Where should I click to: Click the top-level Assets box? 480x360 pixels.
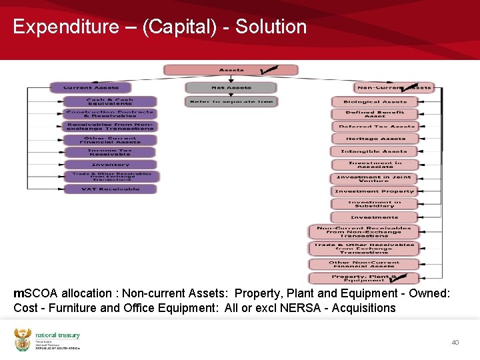pyautogui.click(x=231, y=70)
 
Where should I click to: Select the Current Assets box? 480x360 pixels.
pyautogui.click(x=91, y=87)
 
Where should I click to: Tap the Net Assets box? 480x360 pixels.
pyautogui.click(x=231, y=87)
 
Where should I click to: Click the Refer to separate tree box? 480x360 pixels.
pyautogui.click(x=231, y=101)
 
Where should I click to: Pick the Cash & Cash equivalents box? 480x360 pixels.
pyautogui.click(x=110, y=101)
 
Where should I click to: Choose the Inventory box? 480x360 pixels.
pyautogui.click(x=110, y=164)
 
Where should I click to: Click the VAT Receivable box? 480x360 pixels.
pyautogui.click(x=110, y=189)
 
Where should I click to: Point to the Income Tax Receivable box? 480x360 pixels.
pyautogui.click(x=110, y=152)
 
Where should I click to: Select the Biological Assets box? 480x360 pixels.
pyautogui.click(x=375, y=102)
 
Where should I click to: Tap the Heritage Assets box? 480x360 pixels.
pyautogui.click(x=375, y=139)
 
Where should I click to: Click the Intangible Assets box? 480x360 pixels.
pyautogui.click(x=375, y=151)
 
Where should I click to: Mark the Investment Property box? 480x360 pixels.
pyautogui.click(x=375, y=191)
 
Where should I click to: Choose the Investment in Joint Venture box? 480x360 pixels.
pyautogui.click(x=375, y=178)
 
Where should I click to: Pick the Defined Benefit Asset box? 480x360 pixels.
pyautogui.click(x=375, y=114)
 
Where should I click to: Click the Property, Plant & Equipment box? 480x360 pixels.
pyautogui.click(x=365, y=278)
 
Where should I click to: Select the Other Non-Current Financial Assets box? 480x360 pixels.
pyautogui.click(x=365, y=264)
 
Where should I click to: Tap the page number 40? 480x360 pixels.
pyautogui.click(x=455, y=343)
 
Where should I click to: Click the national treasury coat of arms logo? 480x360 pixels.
pyautogui.click(x=23, y=339)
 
